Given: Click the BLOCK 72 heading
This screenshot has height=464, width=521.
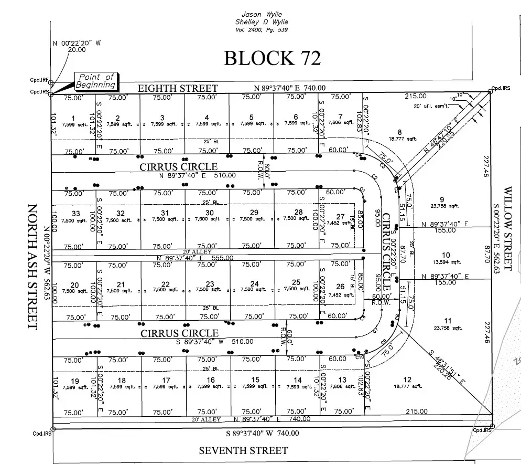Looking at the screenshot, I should (272, 58).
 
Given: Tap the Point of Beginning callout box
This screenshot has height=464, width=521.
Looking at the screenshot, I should (95, 81).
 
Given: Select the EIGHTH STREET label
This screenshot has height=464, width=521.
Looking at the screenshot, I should (177, 88).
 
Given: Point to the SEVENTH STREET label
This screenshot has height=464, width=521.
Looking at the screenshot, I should (243, 450).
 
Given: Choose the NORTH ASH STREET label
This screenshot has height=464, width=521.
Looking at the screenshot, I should (32, 267).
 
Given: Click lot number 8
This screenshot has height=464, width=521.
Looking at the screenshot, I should (399, 132).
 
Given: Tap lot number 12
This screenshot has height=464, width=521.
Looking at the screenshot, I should (407, 379).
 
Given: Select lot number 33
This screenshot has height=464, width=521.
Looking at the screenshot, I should (76, 214).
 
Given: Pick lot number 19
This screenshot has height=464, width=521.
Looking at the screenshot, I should (75, 381).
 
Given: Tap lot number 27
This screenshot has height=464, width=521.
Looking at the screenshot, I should (341, 216).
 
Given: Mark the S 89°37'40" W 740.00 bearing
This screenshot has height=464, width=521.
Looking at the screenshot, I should (263, 433).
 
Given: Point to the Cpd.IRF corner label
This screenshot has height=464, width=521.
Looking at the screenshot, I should (40, 80).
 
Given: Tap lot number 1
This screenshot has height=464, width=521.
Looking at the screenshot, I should (73, 118).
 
